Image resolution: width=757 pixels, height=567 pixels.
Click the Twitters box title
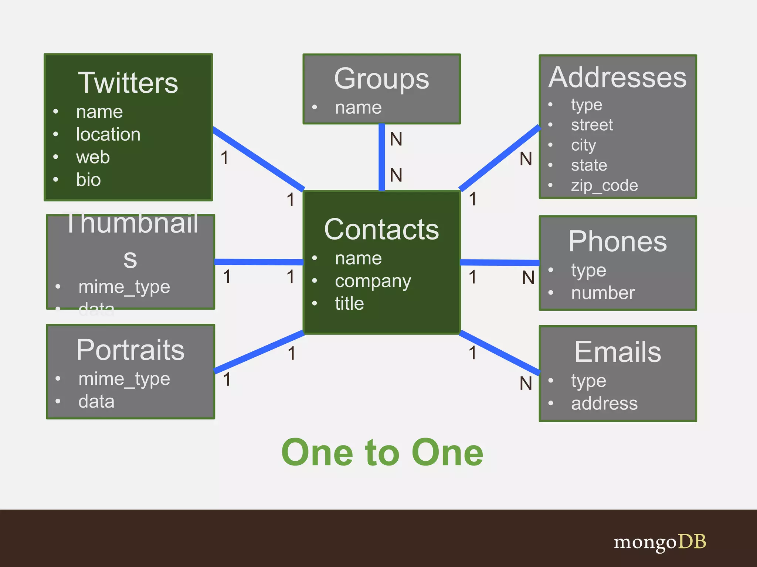(x=128, y=83)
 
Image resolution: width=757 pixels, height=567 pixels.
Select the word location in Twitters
(x=108, y=134)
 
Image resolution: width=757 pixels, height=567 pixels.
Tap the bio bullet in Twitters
(x=88, y=180)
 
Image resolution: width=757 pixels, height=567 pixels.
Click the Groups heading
(x=381, y=79)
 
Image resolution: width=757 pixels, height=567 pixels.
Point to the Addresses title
(x=617, y=78)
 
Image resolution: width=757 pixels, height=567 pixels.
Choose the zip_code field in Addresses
(x=604, y=185)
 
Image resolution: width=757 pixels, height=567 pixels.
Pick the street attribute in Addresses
(x=592, y=125)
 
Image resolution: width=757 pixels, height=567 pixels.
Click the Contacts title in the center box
(x=381, y=229)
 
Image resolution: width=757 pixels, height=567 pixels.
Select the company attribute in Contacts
(x=373, y=281)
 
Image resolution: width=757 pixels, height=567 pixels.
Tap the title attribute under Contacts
(x=349, y=303)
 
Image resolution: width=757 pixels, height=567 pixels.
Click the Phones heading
(x=618, y=241)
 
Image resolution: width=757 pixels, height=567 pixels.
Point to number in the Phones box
(x=603, y=293)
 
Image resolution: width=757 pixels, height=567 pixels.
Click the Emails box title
(x=618, y=352)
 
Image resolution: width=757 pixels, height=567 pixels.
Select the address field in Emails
(x=604, y=403)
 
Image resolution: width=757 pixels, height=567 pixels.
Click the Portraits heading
(x=130, y=350)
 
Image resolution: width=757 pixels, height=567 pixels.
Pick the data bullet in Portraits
(x=96, y=401)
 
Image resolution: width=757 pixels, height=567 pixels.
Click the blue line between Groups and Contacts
(x=382, y=157)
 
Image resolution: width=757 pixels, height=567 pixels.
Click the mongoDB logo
(x=660, y=542)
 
